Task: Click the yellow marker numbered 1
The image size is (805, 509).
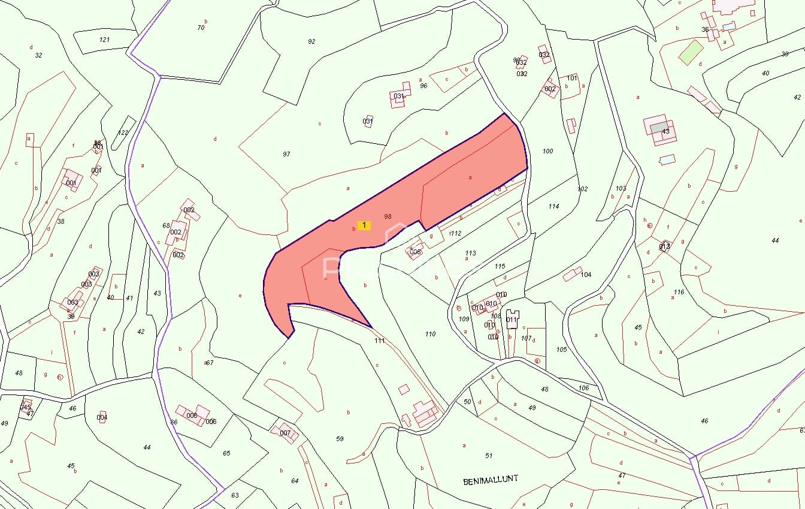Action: [364, 225]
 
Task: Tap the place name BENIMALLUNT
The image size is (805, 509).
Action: [491, 480]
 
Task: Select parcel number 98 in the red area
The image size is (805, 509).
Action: [388, 216]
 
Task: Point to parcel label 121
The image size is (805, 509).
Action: [105, 40]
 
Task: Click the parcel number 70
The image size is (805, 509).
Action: [201, 28]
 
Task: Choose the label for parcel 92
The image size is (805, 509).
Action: [311, 41]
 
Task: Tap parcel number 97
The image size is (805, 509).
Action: [286, 154]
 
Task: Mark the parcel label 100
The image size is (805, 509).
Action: [547, 151]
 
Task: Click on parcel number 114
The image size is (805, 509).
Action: [553, 206]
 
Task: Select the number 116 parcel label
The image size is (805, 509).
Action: [679, 292]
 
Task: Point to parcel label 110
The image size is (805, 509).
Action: [430, 334]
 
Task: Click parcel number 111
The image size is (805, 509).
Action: [379, 341]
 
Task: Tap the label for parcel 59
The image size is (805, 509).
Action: [340, 439]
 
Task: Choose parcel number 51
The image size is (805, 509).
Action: [489, 456]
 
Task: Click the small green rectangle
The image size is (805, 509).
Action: [691, 52]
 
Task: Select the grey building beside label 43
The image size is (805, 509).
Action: [658, 128]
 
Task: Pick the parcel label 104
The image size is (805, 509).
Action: [586, 275]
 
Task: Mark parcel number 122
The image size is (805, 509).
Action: [123, 132]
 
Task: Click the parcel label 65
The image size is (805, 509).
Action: [226, 453]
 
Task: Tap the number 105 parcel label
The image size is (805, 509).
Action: [561, 350]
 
